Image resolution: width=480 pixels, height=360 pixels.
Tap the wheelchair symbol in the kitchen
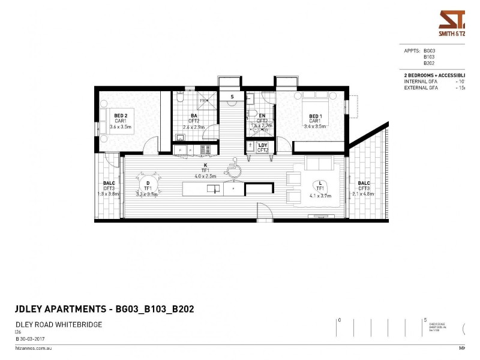point(235,170)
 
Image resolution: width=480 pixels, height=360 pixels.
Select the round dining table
point(148,182)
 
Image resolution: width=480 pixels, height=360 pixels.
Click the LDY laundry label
point(262,145)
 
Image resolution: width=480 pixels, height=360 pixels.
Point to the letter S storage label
point(232,96)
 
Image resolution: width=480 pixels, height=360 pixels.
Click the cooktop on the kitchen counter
point(205,149)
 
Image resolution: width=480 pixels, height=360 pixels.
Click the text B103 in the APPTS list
point(428,57)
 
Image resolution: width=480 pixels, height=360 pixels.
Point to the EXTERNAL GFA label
point(421,88)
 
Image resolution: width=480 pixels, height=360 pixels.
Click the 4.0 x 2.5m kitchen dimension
point(205,176)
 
